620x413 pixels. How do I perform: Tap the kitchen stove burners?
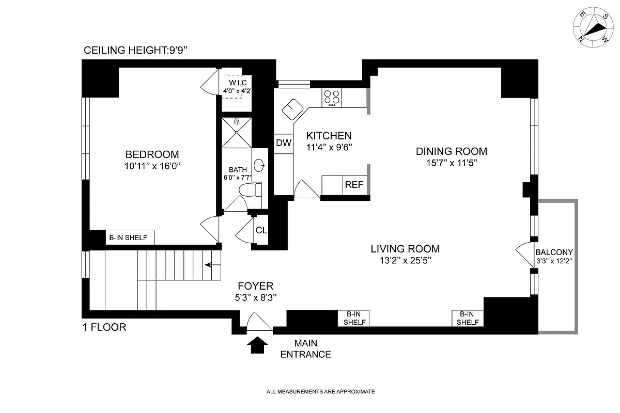[332, 98]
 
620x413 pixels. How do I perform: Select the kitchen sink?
[292, 109]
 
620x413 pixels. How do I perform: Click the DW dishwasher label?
[284, 142]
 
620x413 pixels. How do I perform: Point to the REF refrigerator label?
[354, 184]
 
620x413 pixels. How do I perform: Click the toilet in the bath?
[250, 189]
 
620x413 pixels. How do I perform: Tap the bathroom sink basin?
[259, 165]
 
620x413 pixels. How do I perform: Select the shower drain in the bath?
[237, 133]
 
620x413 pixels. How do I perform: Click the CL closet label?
[261, 230]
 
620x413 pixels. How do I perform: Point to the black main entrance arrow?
[257, 345]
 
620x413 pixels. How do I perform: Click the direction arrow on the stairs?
[212, 265]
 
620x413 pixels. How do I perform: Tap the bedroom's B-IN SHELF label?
[128, 237]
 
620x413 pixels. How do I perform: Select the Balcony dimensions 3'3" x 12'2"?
[554, 261]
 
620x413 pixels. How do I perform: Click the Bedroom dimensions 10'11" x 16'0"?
[152, 166]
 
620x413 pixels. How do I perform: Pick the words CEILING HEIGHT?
[125, 51]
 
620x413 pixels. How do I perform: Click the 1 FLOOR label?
[104, 327]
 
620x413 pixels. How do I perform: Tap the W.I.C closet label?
[238, 83]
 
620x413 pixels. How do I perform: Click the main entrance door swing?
[259, 322]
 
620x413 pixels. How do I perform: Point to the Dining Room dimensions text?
[452, 163]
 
